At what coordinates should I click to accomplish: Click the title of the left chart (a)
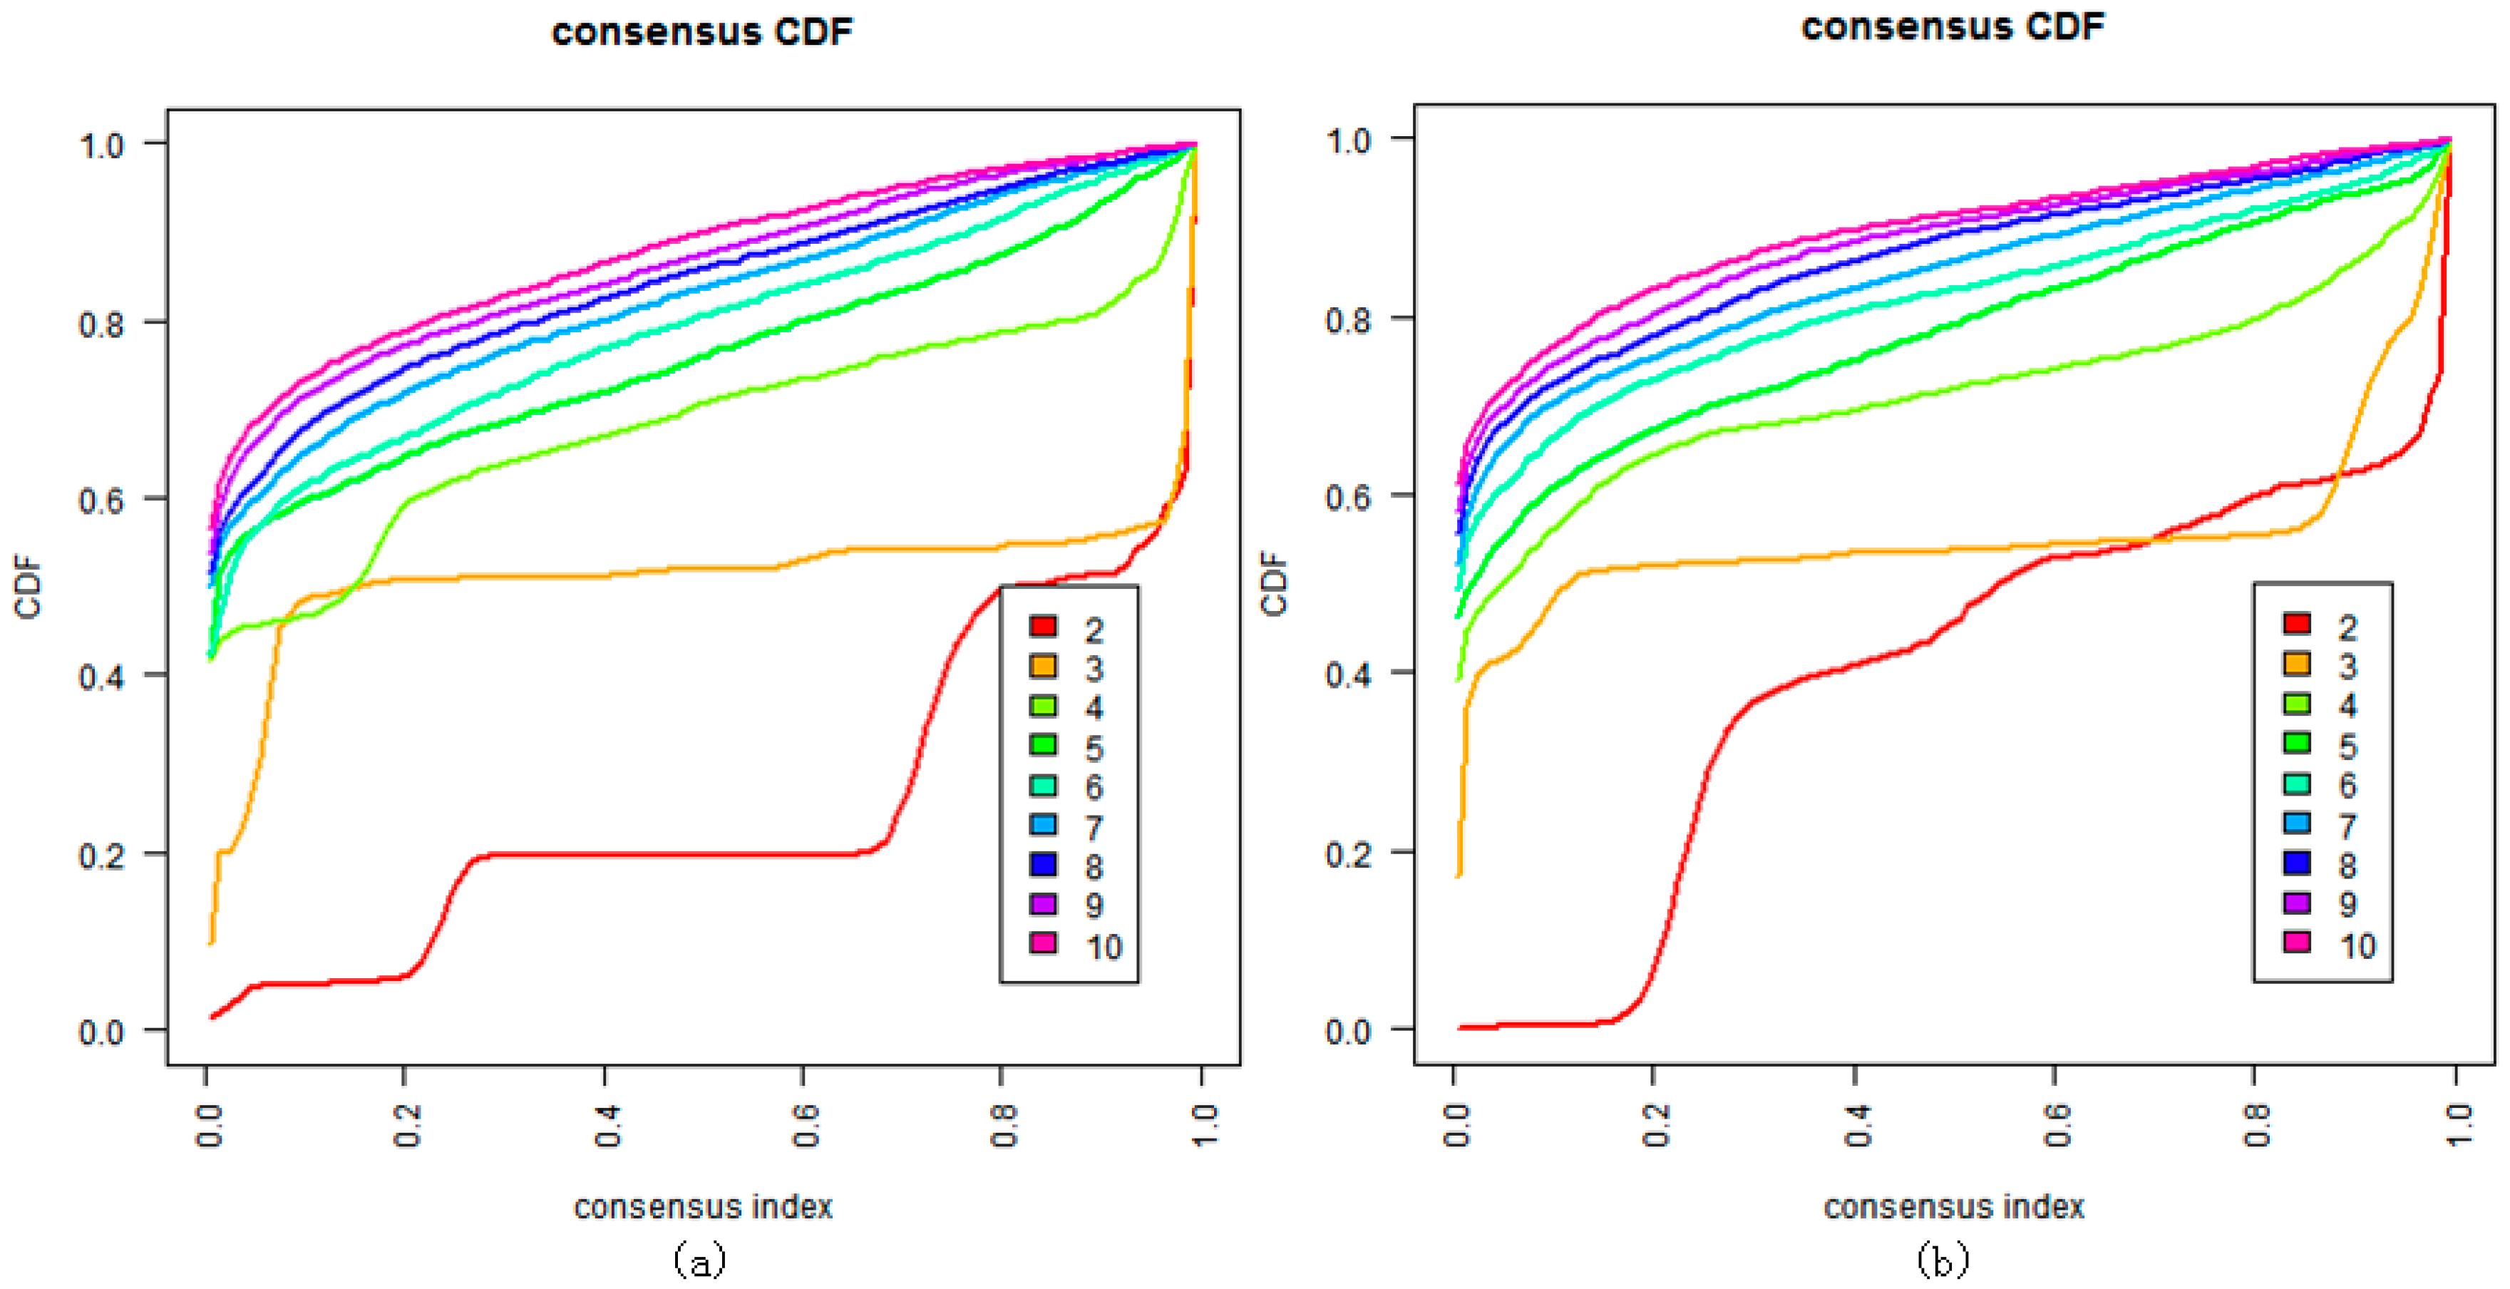tap(701, 31)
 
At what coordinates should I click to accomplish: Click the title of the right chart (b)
tap(1952, 26)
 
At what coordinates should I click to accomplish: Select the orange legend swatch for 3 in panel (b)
tap(2297, 664)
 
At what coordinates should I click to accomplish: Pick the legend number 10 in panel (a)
tap(1103, 946)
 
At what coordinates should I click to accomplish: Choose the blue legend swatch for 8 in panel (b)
tap(2297, 862)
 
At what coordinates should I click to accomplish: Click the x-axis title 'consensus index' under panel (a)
tap(702, 1207)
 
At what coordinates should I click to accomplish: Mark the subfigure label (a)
tap(699, 1260)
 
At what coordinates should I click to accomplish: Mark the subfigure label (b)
tap(1942, 1260)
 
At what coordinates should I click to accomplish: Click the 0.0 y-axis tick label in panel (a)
tap(101, 1031)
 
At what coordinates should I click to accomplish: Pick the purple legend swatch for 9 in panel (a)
tap(1043, 904)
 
